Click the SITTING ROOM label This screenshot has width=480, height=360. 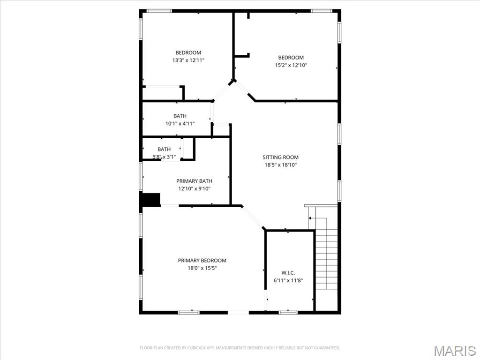pyautogui.click(x=280, y=157)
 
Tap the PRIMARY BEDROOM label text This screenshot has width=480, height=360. pyautogui.click(x=202, y=260)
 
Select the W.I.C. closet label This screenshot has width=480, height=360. pyautogui.click(x=288, y=272)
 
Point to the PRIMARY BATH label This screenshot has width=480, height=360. pyautogui.click(x=194, y=181)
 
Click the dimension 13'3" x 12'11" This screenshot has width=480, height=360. pyautogui.click(x=188, y=60)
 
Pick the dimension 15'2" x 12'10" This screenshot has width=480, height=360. pyautogui.click(x=291, y=65)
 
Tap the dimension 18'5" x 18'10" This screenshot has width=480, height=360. pyautogui.click(x=280, y=165)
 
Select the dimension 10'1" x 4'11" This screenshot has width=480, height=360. pyautogui.click(x=180, y=123)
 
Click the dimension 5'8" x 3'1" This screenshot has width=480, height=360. pyautogui.click(x=164, y=157)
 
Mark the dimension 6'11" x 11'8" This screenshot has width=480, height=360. pyautogui.click(x=288, y=280)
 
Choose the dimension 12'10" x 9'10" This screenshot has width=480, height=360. pyautogui.click(x=194, y=188)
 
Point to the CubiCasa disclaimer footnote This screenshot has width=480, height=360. pyautogui.click(x=240, y=348)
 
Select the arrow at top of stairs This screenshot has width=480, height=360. pyautogui.click(x=310, y=218)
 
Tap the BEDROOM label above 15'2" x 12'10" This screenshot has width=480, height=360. pyautogui.click(x=291, y=58)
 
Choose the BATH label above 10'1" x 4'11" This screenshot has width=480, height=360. pyautogui.click(x=180, y=116)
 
